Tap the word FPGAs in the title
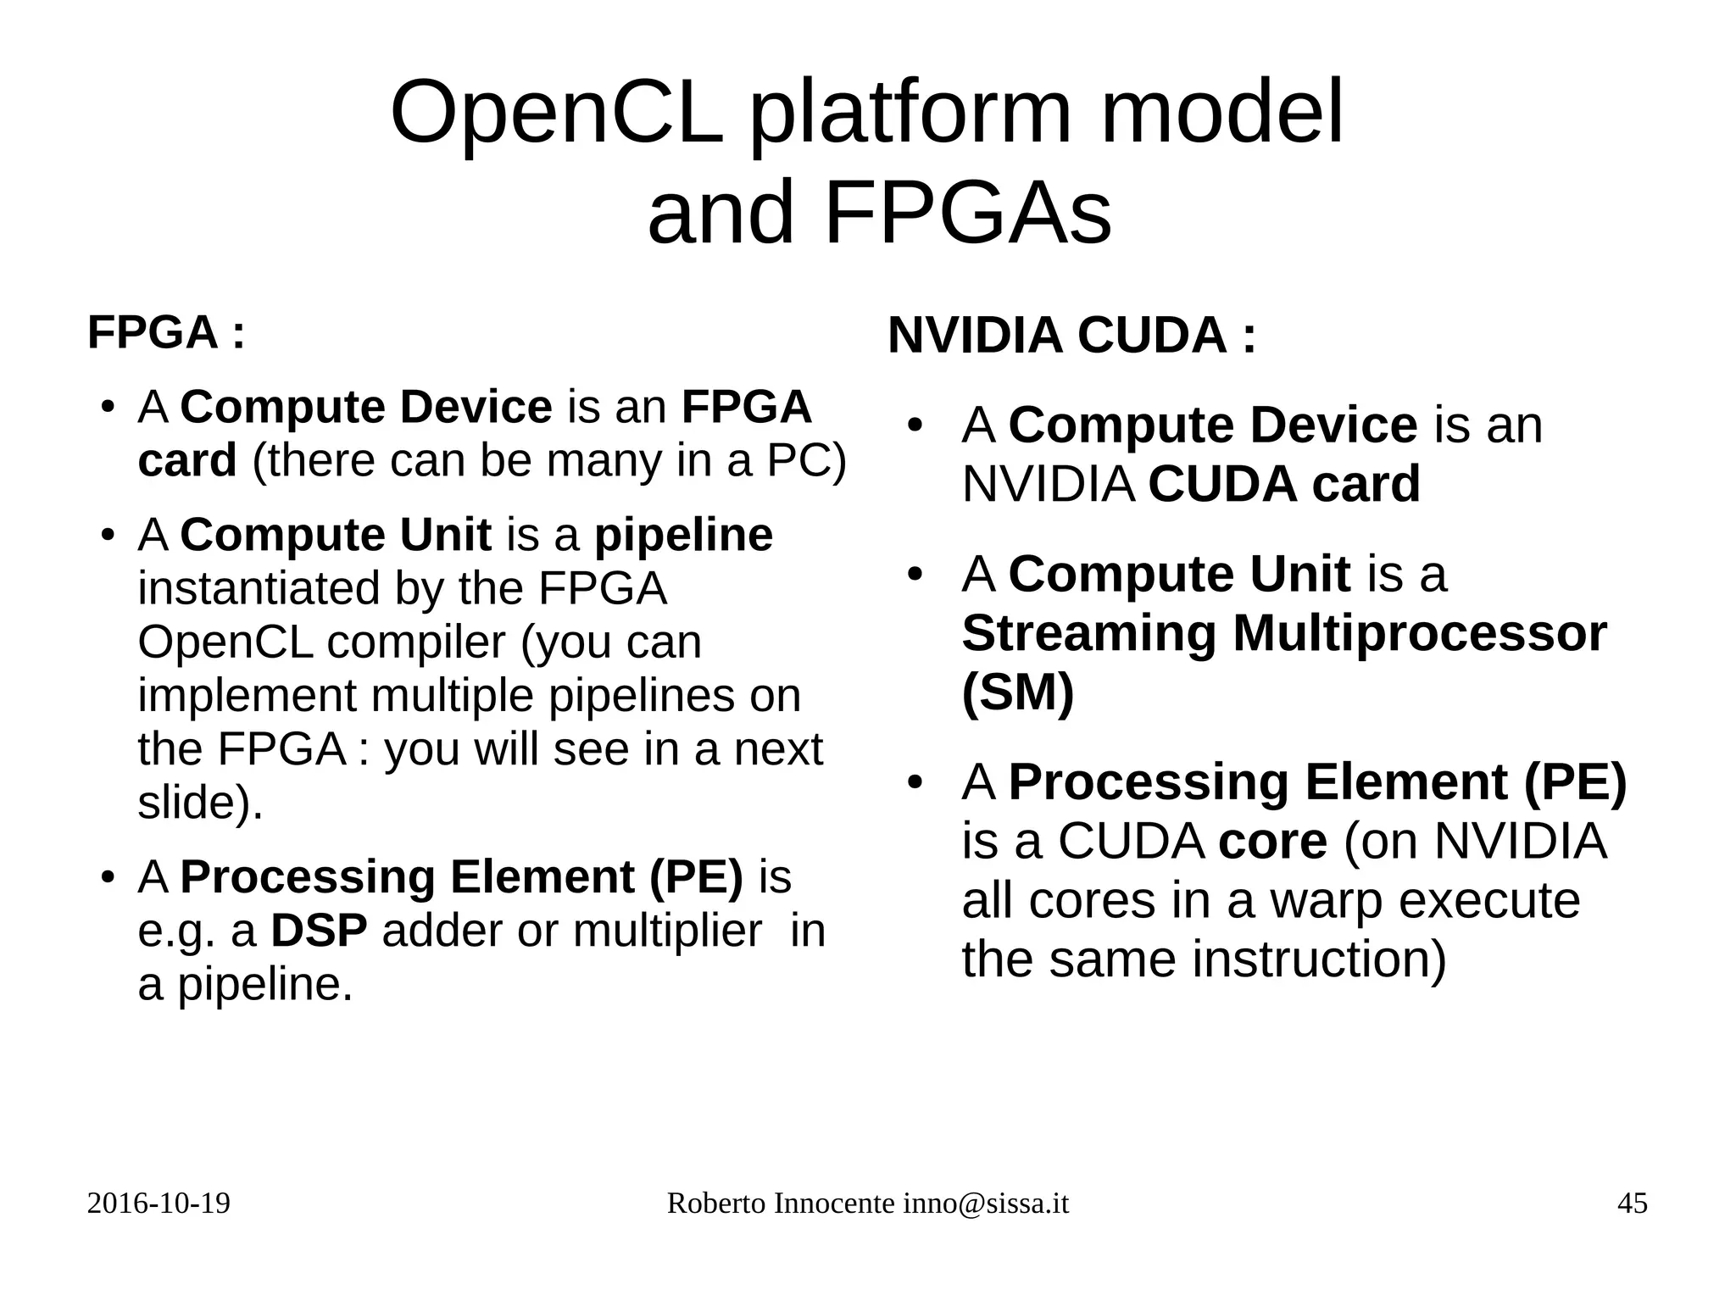click(966, 212)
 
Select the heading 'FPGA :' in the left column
click(166, 331)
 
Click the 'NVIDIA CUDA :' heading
click(1071, 335)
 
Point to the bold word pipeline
click(683, 535)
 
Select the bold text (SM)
click(1017, 692)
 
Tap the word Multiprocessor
click(1419, 633)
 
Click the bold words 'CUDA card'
click(1283, 484)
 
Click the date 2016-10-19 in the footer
click(159, 1204)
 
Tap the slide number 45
click(1632, 1204)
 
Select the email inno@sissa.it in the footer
click(985, 1204)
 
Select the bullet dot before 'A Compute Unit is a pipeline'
click(107, 536)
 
